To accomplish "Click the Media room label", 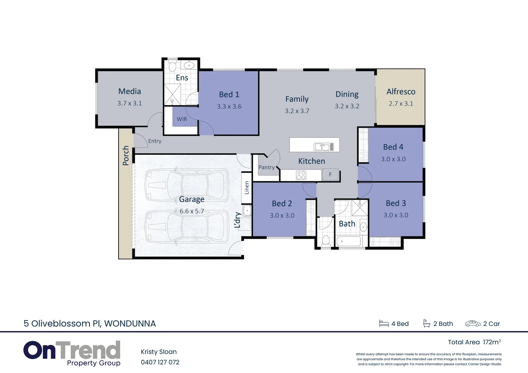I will coord(130,91).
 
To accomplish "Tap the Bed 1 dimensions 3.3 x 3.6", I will coord(229,106).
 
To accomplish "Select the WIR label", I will coord(182,119).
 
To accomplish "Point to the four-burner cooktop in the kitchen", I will coord(301,175).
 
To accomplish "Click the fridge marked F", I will coord(330,174).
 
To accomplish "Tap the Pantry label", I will coord(266,167).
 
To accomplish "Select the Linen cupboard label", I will coord(247,188).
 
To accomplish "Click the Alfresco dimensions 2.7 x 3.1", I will coord(401,104).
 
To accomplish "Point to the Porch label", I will coord(125,155).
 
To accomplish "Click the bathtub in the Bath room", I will coord(348,241).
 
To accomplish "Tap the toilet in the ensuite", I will coord(172,65).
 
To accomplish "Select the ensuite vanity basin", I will coord(189,65).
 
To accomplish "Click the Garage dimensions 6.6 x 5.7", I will coord(192,211).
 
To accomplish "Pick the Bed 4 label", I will coord(393,147).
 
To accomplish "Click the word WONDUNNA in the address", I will coord(130,324).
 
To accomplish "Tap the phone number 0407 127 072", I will coord(160,362).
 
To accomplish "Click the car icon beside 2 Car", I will coord(473,324).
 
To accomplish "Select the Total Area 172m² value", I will coord(492,342).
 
